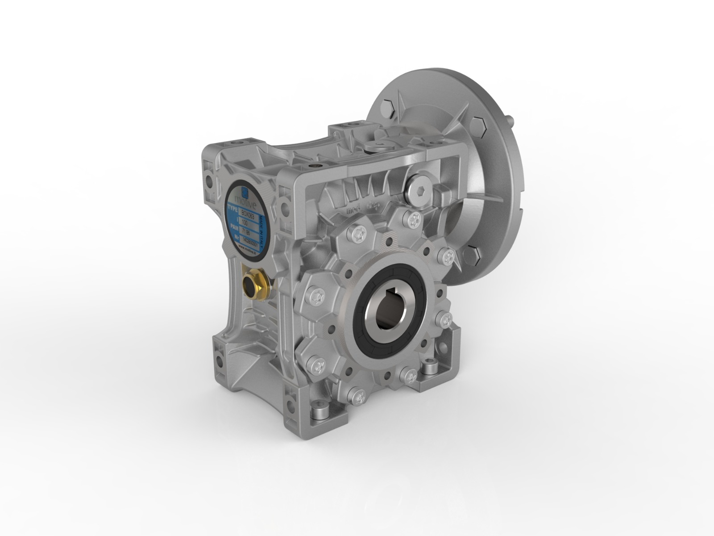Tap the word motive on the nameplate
[245, 203]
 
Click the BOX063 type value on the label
[248, 215]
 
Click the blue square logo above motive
[245, 193]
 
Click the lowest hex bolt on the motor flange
[472, 255]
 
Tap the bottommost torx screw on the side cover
[358, 396]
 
